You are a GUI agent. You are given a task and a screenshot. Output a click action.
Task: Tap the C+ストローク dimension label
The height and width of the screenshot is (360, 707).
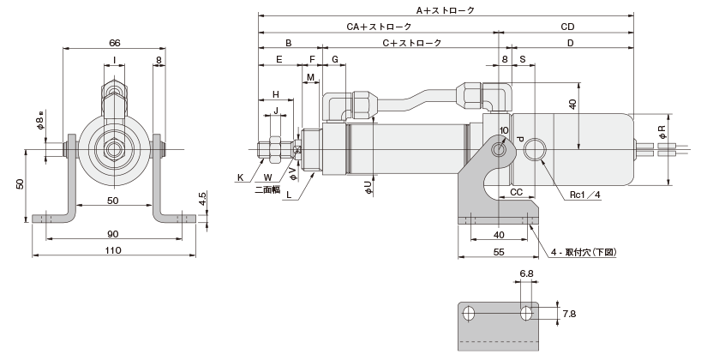click(x=411, y=42)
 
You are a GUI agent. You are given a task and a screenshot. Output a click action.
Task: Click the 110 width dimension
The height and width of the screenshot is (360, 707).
click(x=113, y=250)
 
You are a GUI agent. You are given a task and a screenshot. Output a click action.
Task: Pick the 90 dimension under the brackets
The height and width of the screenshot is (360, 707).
click(x=113, y=234)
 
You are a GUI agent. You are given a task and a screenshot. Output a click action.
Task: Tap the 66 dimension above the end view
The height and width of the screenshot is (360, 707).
click(x=114, y=42)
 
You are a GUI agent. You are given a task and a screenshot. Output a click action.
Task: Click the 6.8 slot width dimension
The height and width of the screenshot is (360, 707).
click(x=526, y=275)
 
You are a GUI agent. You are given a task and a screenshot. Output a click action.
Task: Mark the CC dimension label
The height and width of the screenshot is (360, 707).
click(x=517, y=194)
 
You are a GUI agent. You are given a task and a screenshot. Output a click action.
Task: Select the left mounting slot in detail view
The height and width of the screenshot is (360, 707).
click(x=468, y=314)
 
